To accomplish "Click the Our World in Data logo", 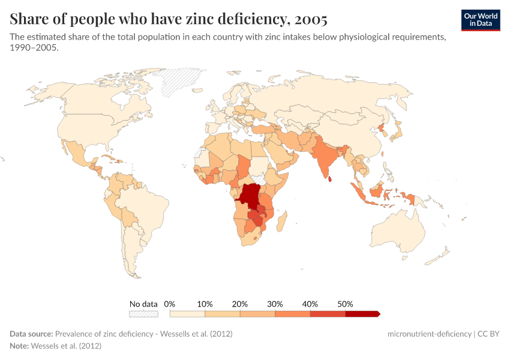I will (481, 20).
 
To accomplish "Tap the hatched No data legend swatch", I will (143, 314).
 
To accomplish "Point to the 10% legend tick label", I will (205, 304).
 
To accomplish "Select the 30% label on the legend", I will (275, 304).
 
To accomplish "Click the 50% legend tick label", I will (345, 304).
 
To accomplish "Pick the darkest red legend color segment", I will (362, 314).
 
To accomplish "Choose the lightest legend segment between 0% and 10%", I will (187, 314).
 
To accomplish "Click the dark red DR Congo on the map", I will (249, 194).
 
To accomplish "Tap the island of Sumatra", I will (358, 193).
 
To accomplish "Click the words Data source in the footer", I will (31, 334).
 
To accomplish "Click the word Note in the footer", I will (19, 346).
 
